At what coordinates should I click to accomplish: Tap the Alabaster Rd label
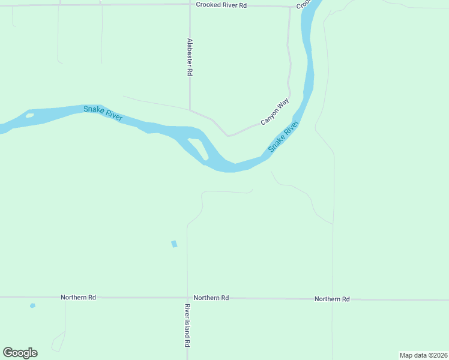click(190, 58)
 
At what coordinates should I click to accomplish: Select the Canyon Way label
click(275, 112)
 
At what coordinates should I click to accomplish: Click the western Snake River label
click(103, 113)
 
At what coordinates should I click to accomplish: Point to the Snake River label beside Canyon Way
click(283, 137)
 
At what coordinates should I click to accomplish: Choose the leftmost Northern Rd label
click(78, 298)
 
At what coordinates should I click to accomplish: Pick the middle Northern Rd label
click(211, 298)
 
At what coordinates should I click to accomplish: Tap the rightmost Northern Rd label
click(332, 299)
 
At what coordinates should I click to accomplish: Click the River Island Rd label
click(187, 326)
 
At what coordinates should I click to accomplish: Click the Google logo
click(20, 353)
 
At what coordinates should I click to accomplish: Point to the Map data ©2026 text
click(423, 355)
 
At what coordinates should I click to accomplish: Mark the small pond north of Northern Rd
click(174, 244)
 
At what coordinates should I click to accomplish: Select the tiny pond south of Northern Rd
click(32, 306)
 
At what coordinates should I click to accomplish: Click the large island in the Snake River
click(198, 149)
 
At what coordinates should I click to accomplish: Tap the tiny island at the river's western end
click(29, 115)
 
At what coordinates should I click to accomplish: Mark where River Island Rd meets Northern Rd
click(187, 298)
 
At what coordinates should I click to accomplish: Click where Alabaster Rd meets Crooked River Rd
click(190, 4)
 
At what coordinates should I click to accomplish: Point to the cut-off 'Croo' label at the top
click(303, 5)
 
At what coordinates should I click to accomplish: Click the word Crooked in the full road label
click(210, 5)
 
